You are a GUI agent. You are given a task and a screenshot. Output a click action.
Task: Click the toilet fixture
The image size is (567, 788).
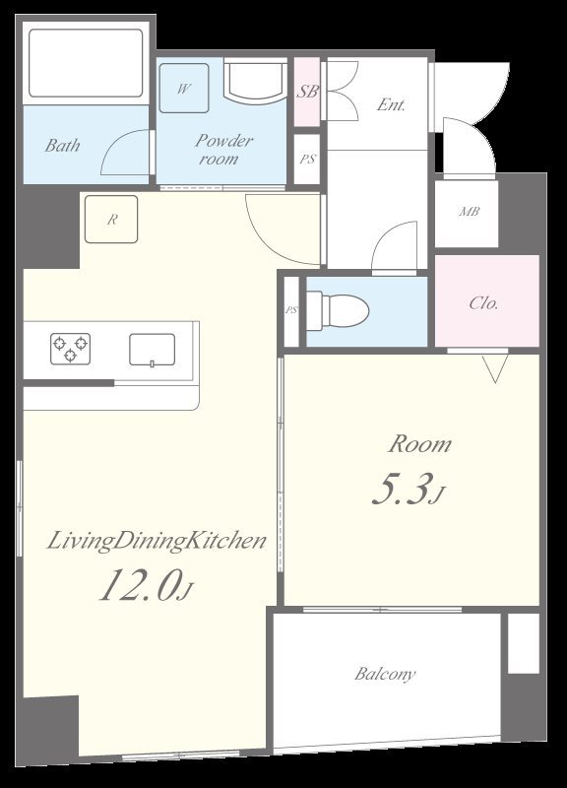(338, 311)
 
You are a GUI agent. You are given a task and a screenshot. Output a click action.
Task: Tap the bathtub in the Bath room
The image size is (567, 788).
(86, 63)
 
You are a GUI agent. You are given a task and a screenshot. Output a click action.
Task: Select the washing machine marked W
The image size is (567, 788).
(184, 88)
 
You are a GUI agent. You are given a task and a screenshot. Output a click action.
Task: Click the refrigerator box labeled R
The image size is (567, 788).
(111, 219)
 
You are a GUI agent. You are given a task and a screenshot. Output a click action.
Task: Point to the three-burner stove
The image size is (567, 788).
(70, 349)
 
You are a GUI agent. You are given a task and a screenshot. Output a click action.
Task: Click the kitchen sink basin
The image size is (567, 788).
(153, 350)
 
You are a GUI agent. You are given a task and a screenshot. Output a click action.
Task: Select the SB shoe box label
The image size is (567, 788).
(307, 92)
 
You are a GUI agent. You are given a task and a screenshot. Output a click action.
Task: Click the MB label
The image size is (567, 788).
(470, 212)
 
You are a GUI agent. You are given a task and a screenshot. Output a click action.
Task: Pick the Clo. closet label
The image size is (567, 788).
(483, 303)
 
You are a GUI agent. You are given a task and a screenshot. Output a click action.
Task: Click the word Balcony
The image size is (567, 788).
(385, 674)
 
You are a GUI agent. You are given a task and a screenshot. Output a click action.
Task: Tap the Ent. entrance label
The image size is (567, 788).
(391, 104)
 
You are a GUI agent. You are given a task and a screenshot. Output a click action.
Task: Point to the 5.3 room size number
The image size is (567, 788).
(403, 489)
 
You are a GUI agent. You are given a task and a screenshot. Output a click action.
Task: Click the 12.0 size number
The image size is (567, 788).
(140, 585)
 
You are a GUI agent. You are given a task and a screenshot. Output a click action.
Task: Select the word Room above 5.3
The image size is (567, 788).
(420, 444)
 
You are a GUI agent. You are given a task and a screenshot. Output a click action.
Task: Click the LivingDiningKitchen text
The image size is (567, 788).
(157, 541)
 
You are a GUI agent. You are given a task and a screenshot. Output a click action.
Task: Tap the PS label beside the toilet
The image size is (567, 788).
(291, 310)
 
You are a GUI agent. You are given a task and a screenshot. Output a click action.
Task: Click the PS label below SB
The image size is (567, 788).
(307, 160)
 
